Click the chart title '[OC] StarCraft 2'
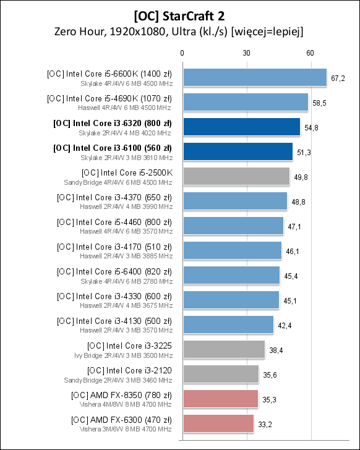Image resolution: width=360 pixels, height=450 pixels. (x=179, y=14)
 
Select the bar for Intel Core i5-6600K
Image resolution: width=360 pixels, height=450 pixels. (x=254, y=77)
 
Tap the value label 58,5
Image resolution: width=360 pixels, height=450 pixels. (x=320, y=103)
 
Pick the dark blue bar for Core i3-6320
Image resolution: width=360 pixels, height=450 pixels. (x=241, y=127)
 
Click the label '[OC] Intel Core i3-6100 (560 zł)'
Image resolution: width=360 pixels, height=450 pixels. (x=113, y=148)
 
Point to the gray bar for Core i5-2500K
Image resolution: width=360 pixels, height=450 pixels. (x=236, y=176)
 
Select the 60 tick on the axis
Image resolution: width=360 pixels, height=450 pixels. (x=311, y=53)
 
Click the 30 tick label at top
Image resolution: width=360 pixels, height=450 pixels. (x=246, y=53)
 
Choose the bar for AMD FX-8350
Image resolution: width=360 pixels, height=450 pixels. (x=220, y=399)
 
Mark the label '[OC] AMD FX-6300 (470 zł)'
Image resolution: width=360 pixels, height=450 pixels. (x=122, y=420)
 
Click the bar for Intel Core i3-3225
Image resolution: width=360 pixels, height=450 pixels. (x=223, y=349)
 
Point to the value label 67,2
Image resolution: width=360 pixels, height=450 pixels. (x=338, y=78)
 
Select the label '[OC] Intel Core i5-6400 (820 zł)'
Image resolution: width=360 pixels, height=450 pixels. (x=114, y=271)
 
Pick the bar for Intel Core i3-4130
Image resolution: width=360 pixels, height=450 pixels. (x=228, y=325)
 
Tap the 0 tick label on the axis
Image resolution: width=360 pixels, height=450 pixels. (x=182, y=53)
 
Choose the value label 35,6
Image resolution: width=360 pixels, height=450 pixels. (x=269, y=375)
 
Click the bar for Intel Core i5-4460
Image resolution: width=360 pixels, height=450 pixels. (x=233, y=226)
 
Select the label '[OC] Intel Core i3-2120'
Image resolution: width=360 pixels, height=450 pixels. (x=130, y=370)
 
